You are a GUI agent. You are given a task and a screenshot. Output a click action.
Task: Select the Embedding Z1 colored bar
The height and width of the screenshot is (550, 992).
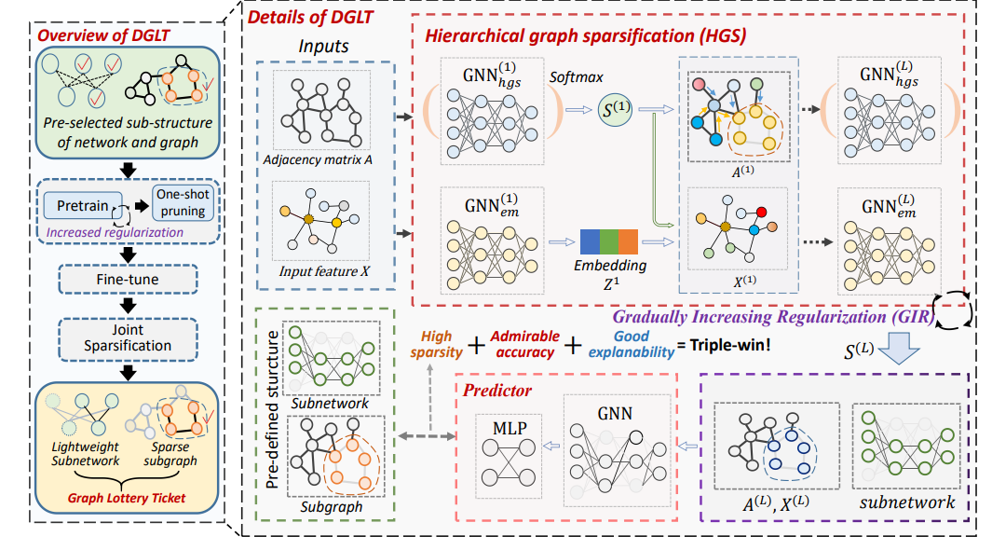[607, 241]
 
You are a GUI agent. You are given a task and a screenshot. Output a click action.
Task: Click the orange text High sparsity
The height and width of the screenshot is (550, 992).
[435, 342]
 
